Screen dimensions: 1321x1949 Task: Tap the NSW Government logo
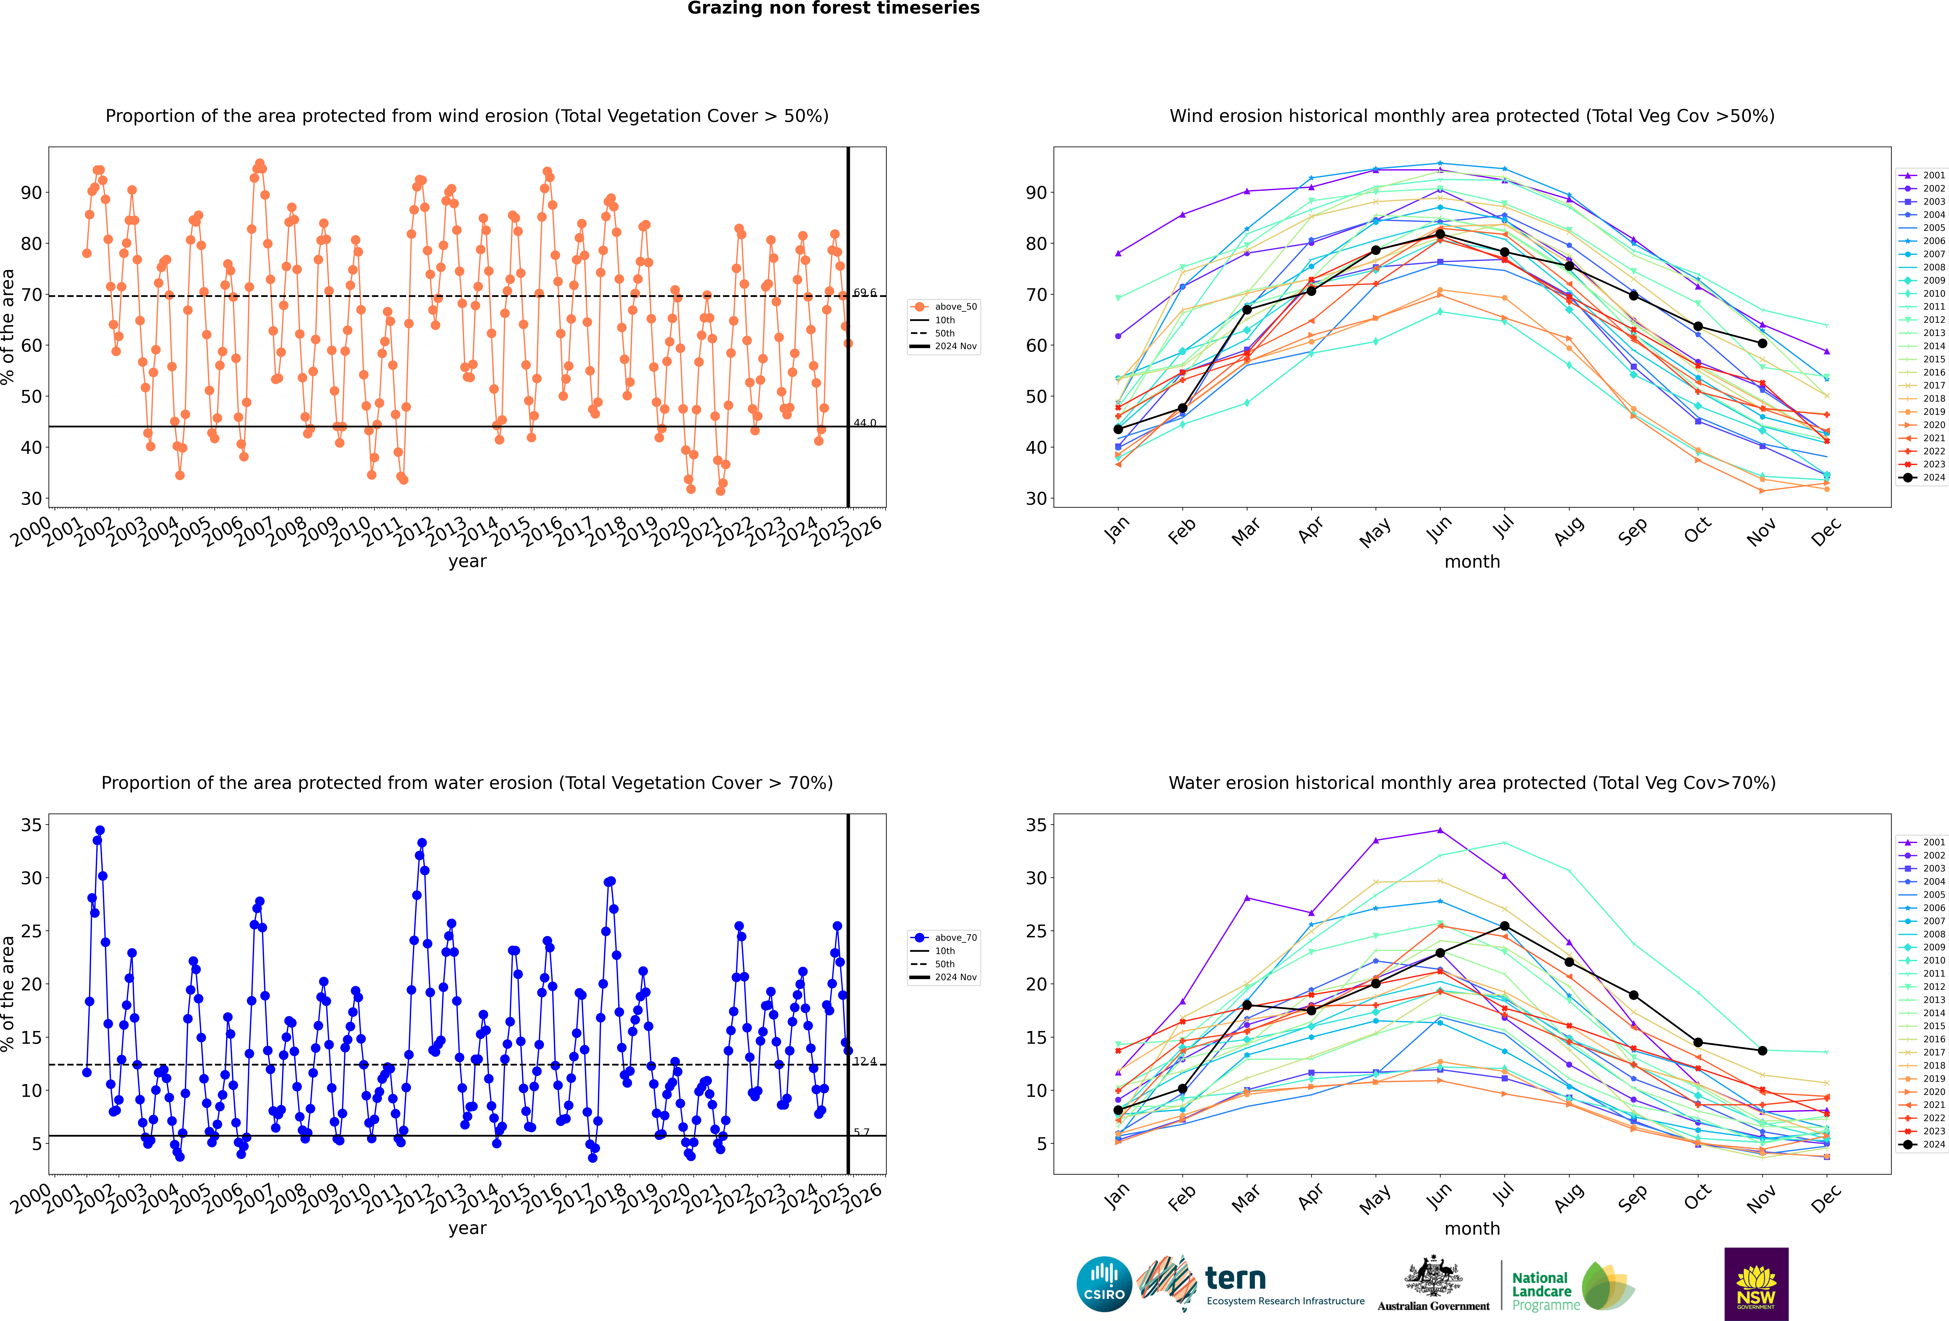coord(1756,1283)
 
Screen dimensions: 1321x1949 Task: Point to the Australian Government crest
coord(1433,1276)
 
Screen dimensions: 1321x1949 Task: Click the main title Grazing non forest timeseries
coord(833,8)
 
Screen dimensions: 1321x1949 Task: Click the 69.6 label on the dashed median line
coord(865,293)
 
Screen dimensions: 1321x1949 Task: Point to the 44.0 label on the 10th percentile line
coord(865,423)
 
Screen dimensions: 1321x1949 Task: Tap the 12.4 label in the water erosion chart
coord(865,1061)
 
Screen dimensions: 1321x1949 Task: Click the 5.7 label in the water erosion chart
coord(861,1132)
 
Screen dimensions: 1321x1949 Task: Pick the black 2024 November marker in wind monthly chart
coord(1762,343)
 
